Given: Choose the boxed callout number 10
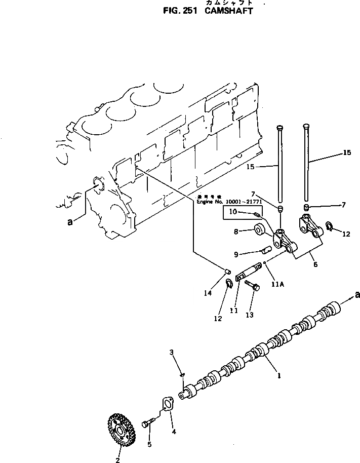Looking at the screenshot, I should (232, 212).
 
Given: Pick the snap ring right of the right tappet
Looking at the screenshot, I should (329, 226).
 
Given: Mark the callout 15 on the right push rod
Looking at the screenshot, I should (346, 152).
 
